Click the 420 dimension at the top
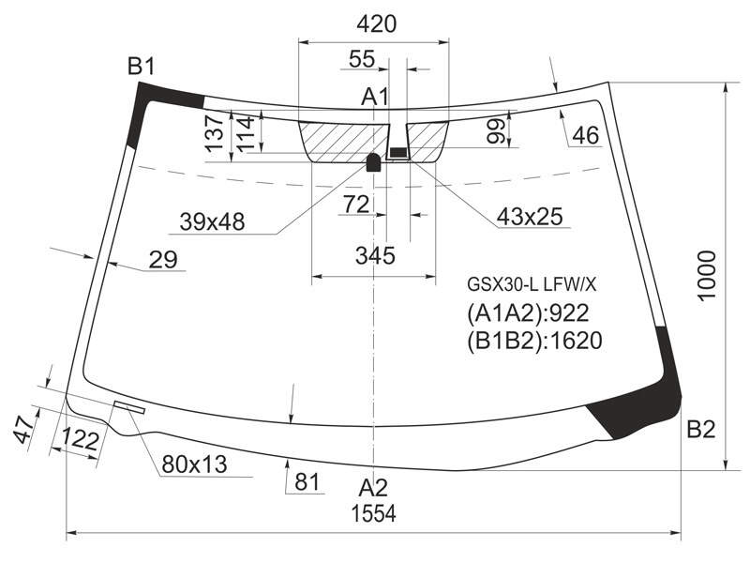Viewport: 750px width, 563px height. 377,24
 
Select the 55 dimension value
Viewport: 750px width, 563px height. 362,59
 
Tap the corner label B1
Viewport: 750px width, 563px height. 142,66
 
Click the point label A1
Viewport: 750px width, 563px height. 375,98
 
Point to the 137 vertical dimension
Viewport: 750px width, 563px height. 216,132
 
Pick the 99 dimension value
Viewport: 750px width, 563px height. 496,130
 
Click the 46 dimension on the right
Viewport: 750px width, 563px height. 585,135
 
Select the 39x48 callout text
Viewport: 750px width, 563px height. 212,221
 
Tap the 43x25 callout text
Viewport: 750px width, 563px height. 530,217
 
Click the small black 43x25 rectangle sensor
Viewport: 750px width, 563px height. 397,153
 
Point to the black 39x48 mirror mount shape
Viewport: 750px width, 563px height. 373,162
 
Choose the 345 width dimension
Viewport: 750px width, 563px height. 375,255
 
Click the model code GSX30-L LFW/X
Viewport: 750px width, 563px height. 532,285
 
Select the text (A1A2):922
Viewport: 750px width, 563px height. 528,313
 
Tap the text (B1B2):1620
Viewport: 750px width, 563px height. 533,341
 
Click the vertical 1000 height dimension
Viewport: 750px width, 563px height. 707,276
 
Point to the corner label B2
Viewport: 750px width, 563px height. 700,430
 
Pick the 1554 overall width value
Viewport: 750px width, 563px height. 373,514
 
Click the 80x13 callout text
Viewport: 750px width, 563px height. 194,464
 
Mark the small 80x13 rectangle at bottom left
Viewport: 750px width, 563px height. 129,407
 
